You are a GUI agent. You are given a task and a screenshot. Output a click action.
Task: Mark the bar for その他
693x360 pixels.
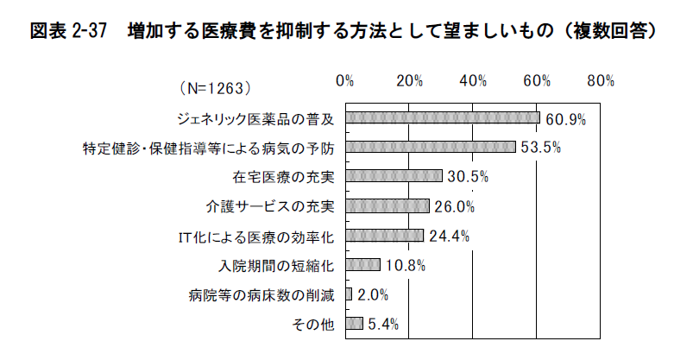[354, 323]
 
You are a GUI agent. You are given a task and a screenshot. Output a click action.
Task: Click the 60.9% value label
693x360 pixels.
[566, 118]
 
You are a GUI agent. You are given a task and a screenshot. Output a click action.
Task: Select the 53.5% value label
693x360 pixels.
[541, 148]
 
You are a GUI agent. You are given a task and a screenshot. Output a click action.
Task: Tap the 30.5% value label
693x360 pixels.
[468, 177]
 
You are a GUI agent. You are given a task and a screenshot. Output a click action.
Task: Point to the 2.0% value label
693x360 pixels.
[371, 294]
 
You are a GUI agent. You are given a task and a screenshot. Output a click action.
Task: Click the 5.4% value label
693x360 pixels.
[382, 324]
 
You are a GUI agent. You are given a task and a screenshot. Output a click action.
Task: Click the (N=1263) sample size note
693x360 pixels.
[216, 88]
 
